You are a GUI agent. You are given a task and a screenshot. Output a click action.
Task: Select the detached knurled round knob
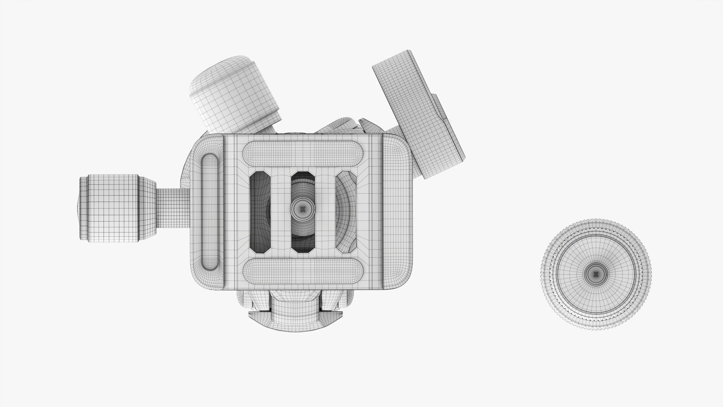597,274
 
